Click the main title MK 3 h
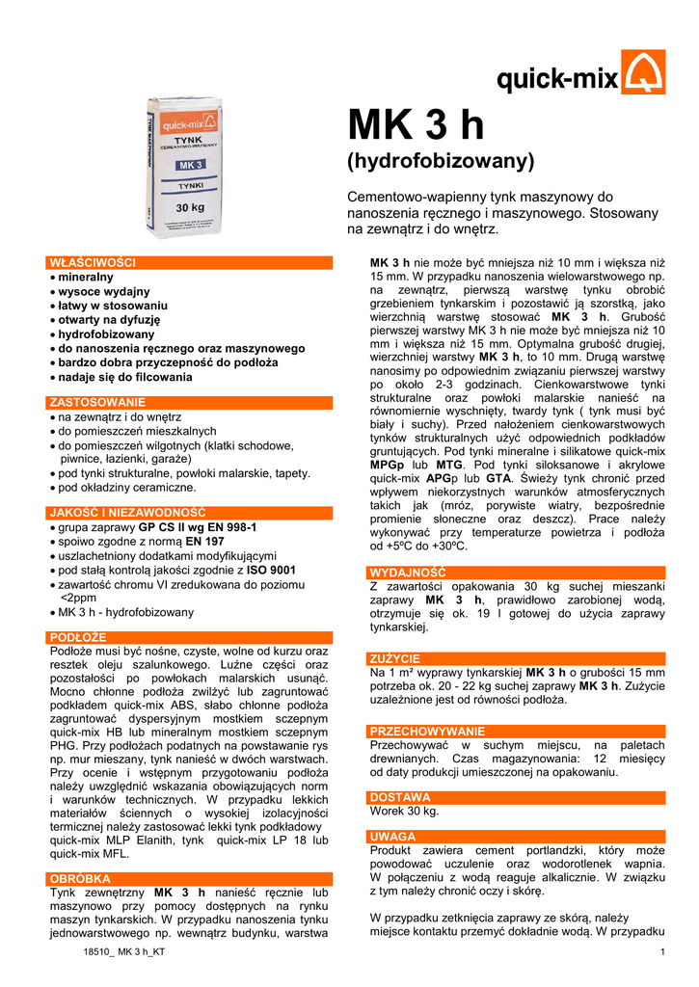coord(416,127)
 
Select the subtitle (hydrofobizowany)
coord(440,160)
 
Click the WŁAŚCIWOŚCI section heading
coord(93,262)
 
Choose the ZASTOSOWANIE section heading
coord(97,402)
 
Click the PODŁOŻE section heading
coord(78,637)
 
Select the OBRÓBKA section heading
coord(80,879)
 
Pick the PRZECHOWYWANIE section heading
coord(427,732)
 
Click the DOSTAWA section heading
coord(400,797)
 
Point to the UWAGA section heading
coord(393,837)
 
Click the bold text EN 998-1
coord(226,528)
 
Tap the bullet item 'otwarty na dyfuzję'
coord(109,319)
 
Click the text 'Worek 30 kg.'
coord(405,812)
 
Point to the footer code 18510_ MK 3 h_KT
coord(124,953)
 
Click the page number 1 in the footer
coord(663,953)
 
